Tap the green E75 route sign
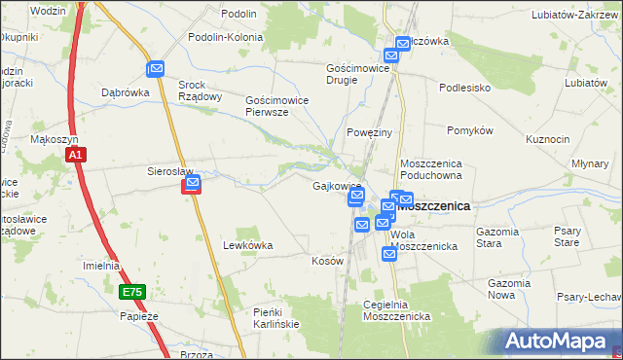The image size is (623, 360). (x=132, y=291)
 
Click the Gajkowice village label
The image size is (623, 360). (x=337, y=186)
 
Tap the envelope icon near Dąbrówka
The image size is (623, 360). (x=156, y=69)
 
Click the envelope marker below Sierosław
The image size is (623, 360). (x=193, y=183)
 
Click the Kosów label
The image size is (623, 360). (x=327, y=261)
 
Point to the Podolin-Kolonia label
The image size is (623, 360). (x=229, y=37)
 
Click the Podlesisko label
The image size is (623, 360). (x=463, y=87)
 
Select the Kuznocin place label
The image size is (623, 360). (x=547, y=139)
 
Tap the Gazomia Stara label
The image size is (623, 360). (x=502, y=237)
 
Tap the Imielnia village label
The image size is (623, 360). (x=101, y=265)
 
